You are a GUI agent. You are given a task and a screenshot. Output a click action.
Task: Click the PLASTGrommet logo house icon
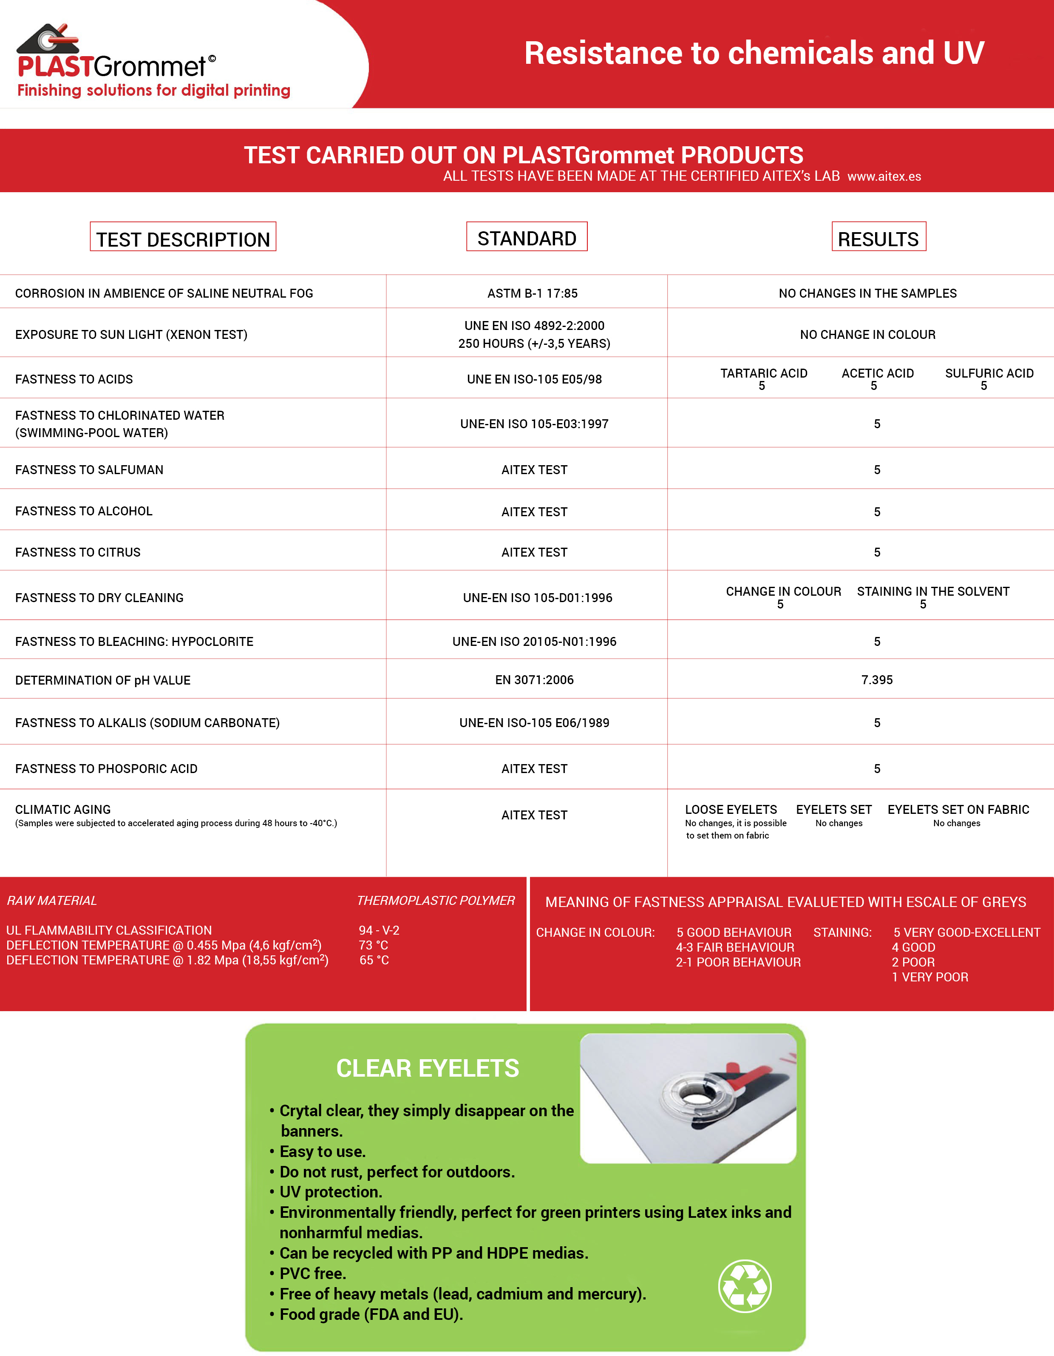coord(48,39)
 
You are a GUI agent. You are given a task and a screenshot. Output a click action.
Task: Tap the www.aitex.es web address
coord(884,176)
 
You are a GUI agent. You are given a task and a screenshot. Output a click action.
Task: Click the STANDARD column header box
coord(527,238)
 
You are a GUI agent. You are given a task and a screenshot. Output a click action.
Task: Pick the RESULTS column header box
coord(878,239)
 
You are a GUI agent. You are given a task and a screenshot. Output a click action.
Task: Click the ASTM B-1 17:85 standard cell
coord(532,293)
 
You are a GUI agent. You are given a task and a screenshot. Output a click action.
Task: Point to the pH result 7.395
coord(876,680)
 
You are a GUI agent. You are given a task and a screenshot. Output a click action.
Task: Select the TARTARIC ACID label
coord(763,373)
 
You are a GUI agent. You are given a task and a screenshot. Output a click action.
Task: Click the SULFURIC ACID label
coord(989,373)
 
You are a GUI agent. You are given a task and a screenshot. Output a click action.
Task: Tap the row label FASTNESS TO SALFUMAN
coord(89,470)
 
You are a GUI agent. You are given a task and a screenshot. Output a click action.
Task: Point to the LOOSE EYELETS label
coord(731,810)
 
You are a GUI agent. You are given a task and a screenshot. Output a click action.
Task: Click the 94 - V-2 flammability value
coord(379,930)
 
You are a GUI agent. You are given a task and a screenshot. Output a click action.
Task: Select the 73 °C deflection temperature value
coord(373,945)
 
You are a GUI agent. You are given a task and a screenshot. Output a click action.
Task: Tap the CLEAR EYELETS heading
coord(427,1068)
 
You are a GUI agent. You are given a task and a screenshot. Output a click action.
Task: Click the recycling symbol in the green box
coord(744,1286)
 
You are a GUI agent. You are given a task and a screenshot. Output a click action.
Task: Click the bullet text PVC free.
coord(312,1274)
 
